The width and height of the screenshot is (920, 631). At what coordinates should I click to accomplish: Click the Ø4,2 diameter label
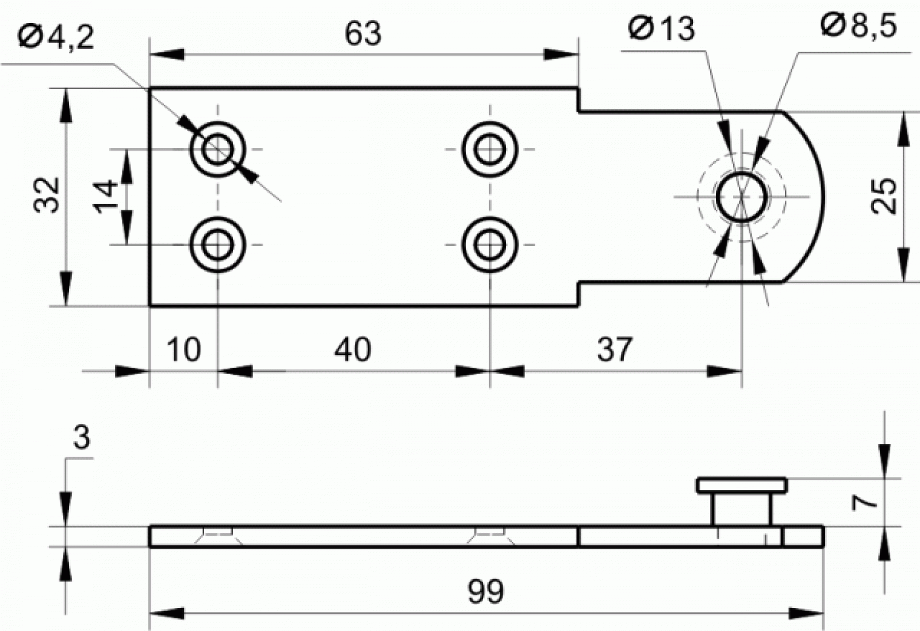(56, 37)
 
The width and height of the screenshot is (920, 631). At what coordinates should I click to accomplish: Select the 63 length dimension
(363, 34)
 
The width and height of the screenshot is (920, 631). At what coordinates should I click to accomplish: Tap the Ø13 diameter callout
(662, 28)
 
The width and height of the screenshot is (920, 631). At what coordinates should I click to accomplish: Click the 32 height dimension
(47, 195)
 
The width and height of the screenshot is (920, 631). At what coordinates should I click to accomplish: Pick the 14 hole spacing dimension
(106, 196)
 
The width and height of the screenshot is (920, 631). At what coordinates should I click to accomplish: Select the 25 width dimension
(884, 196)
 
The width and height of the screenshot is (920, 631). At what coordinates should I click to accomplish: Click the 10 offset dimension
(183, 349)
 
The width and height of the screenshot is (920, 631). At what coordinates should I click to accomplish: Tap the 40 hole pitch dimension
(352, 349)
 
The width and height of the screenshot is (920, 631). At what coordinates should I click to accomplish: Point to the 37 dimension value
(615, 349)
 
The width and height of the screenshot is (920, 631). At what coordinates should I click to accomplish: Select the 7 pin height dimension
(864, 503)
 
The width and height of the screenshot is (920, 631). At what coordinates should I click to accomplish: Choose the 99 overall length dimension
(485, 591)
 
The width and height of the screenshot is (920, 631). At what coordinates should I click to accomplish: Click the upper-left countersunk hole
(218, 149)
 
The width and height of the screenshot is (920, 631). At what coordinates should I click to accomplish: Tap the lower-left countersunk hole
(218, 244)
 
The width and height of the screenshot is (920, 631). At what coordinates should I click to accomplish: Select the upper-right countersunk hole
(489, 149)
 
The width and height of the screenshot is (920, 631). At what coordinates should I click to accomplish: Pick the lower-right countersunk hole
(489, 244)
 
